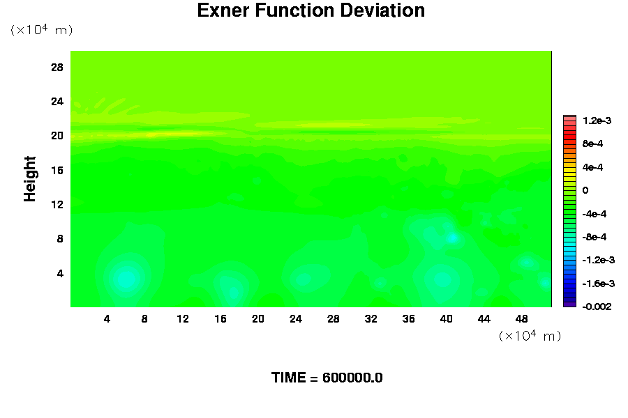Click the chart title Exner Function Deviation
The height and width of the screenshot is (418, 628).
coord(311,10)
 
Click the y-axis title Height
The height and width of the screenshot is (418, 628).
coord(29,179)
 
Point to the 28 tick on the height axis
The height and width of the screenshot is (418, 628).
coord(57,67)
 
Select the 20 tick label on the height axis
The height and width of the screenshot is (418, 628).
coord(57,136)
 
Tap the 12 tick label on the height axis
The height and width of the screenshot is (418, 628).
coord(57,204)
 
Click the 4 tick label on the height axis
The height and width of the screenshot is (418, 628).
coord(60,273)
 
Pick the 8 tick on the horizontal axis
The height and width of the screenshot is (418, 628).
coord(144,319)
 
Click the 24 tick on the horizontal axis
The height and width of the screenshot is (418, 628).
coord(296,319)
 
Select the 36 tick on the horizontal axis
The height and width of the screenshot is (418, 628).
coord(408,319)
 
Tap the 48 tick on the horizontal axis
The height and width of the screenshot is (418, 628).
coord(521,319)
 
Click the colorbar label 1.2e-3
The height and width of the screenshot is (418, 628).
coord(597,121)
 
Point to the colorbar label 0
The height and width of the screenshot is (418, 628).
coord(585,190)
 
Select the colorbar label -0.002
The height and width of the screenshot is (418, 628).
coord(597,307)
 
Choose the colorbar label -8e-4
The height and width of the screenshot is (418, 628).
coord(595,237)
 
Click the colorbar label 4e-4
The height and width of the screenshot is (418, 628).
coord(592,167)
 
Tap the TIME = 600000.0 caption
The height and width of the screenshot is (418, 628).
coord(327,378)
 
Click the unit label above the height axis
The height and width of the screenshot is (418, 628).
coord(42,29)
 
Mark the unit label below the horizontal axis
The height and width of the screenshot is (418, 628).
coord(530,336)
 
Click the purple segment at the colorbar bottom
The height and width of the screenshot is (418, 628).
coord(569,304)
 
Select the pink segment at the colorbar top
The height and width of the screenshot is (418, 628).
coord(569,118)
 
